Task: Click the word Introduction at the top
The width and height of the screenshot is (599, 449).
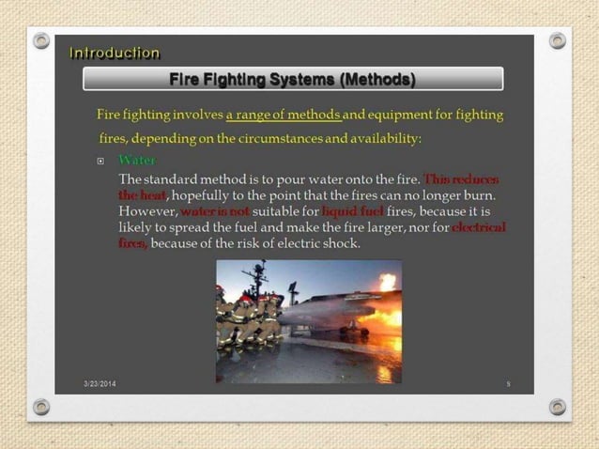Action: tap(115, 54)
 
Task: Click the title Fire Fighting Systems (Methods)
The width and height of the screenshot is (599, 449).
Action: tap(292, 79)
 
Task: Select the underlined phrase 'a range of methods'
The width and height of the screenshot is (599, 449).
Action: tap(284, 116)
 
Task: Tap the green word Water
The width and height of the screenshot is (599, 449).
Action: tap(137, 161)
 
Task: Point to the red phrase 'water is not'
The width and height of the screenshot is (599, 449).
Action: tap(215, 211)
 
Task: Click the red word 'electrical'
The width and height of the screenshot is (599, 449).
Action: tap(479, 227)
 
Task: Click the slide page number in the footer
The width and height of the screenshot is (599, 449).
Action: tap(508, 384)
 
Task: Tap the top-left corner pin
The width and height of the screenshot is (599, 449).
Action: tap(41, 40)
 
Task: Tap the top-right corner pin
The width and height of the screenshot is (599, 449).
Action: tap(558, 40)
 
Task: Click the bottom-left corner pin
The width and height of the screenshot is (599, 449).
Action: tap(41, 407)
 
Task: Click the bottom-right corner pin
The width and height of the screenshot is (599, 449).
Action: tap(558, 407)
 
